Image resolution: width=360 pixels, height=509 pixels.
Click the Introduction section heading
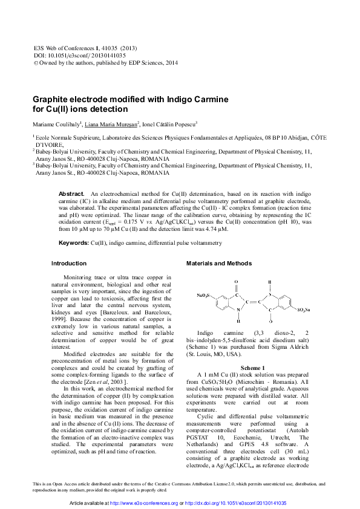coord(69,264)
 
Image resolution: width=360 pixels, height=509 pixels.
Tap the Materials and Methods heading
coord(218,264)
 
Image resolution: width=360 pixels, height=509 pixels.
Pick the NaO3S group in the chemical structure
coord(204,296)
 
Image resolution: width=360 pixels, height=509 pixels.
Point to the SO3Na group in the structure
coord(305,310)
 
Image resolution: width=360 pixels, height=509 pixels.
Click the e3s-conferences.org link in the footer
coord(140,503)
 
